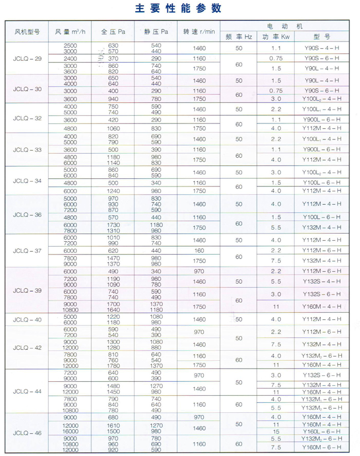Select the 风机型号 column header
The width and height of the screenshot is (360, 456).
coord(27,32)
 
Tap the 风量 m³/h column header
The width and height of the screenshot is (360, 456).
coord(70,32)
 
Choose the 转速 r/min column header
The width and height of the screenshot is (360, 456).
coord(199,32)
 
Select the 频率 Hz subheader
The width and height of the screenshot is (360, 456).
coord(239,37)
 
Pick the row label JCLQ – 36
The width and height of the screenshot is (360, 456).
coord(27,214)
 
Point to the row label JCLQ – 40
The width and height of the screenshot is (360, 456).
coord(27,319)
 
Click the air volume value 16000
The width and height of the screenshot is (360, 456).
coord(70,431)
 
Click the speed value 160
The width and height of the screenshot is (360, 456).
coord(199,250)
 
